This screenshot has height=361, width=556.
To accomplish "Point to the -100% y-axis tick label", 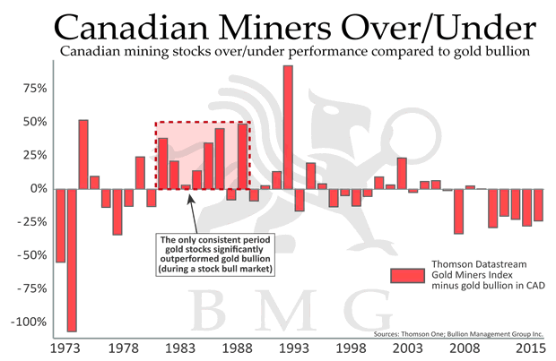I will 29,322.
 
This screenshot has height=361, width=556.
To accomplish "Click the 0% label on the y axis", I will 39,189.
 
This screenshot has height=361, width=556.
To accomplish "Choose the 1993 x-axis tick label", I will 287,347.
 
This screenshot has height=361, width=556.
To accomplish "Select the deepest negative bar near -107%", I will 72,260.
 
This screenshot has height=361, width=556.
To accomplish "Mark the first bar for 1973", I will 60,225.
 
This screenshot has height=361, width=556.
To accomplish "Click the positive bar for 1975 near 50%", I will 83,154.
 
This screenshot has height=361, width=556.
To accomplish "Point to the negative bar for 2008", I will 458,211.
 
